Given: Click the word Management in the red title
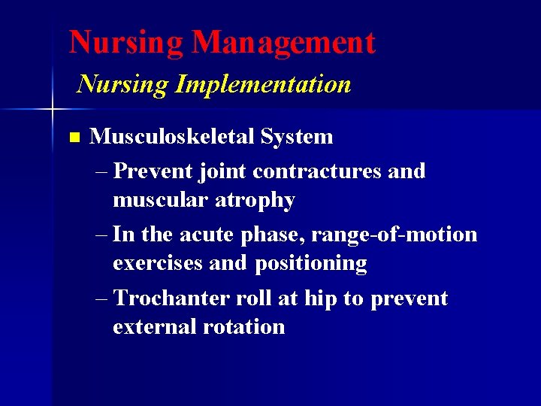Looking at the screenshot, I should [x=283, y=43].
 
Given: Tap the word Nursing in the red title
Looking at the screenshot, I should [x=126, y=42].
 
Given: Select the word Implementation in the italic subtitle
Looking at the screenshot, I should [x=263, y=84].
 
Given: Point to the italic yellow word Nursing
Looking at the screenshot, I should [x=122, y=84].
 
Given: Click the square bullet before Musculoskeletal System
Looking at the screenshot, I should [x=73, y=138].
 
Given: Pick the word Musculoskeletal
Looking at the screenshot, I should [x=171, y=137].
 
